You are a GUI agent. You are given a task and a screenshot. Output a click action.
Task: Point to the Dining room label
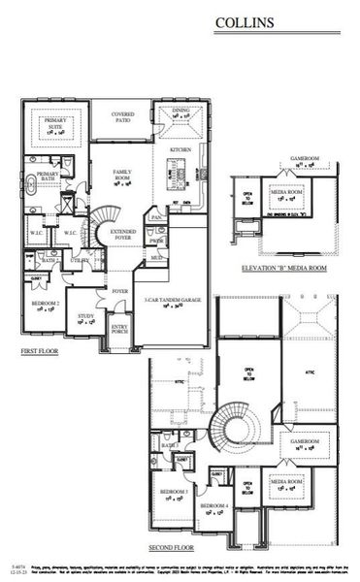[180, 113]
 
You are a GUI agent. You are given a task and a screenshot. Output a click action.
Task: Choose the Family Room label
[122, 177]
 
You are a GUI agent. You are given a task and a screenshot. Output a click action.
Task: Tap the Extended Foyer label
[123, 233]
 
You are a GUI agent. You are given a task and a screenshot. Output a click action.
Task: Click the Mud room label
[155, 258]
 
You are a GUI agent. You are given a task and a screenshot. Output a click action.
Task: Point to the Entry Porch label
[119, 329]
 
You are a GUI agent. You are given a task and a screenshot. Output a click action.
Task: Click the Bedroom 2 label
[45, 304]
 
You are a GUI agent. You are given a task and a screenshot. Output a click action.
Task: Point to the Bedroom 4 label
[214, 508]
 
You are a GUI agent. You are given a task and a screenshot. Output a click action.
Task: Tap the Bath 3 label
[168, 445]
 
